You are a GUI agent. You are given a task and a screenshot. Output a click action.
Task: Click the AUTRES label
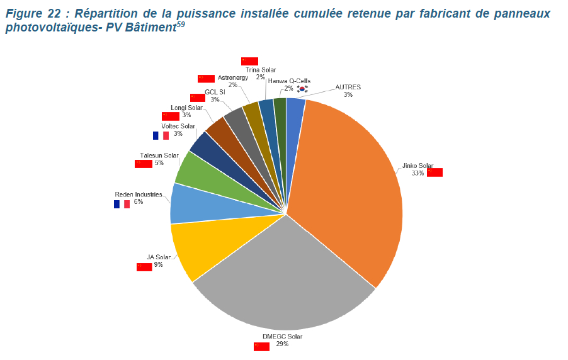point(348,87)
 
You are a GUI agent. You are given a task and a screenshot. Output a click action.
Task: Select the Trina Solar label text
point(261,70)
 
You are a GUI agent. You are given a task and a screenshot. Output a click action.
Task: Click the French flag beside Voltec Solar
point(161,135)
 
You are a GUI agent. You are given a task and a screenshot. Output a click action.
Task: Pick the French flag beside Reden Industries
point(122,204)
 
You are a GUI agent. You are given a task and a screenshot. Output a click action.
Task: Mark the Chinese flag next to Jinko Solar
point(435,172)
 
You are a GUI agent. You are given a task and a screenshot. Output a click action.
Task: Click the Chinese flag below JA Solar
point(144,267)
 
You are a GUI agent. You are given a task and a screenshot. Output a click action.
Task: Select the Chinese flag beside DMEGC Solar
point(261,346)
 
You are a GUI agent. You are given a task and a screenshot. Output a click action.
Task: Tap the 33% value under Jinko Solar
point(417,173)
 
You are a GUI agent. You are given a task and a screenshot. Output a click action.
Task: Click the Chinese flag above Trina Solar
point(249,61)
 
